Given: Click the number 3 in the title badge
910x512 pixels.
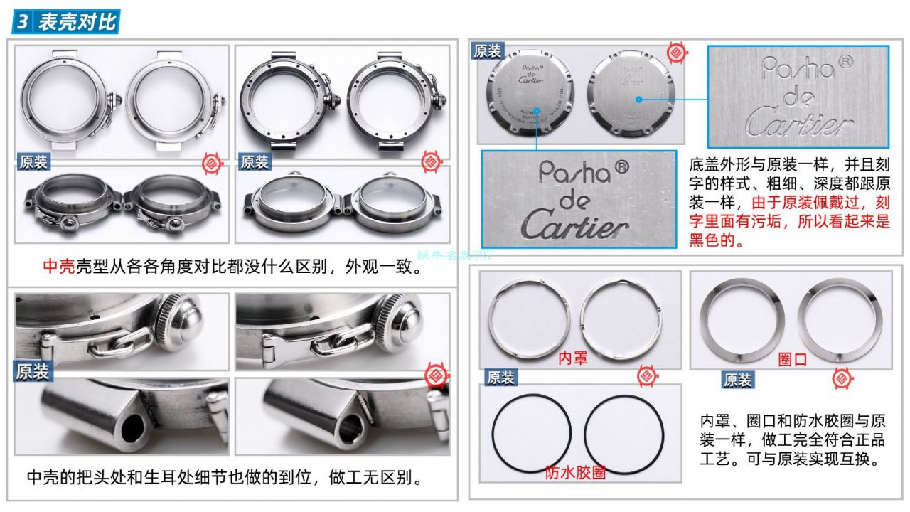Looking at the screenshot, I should [x=23, y=22].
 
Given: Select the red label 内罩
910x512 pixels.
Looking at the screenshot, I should [x=572, y=357].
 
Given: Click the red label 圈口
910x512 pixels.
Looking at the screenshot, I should [x=792, y=359].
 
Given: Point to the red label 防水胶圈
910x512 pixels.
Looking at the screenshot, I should [x=575, y=473].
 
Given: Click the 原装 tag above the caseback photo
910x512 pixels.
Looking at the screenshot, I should [x=488, y=51].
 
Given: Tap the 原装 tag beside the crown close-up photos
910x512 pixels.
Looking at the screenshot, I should [x=32, y=370].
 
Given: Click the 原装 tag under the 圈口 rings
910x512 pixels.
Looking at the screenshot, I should [x=737, y=380].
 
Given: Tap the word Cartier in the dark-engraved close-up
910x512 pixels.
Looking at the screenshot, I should [x=577, y=226].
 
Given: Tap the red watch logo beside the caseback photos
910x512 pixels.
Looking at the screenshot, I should [x=676, y=52].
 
